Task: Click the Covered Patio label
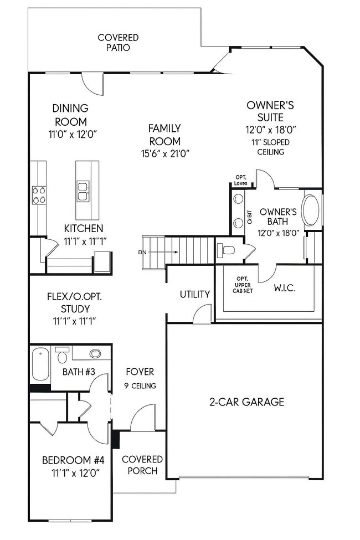pyautogui.click(x=118, y=43)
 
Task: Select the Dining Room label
pyautogui.click(x=70, y=115)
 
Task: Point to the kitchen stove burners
pyautogui.click(x=39, y=195)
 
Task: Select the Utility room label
pyautogui.click(x=195, y=294)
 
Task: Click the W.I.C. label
pyautogui.click(x=285, y=288)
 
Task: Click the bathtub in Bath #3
pyautogui.click(x=40, y=364)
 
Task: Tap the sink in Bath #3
pyautogui.click(x=95, y=354)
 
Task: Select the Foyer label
pyautogui.click(x=140, y=372)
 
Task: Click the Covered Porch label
pyautogui.click(x=142, y=465)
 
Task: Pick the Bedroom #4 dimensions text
pyautogui.click(x=70, y=473)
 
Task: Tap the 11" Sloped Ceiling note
pyautogui.click(x=270, y=147)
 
